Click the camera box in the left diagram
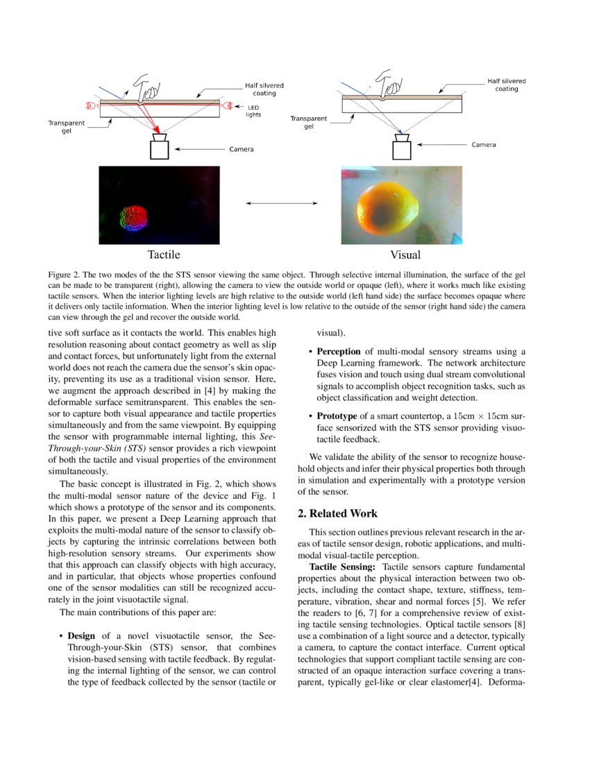point(160,148)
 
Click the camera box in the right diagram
point(401,148)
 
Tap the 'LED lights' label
point(254,111)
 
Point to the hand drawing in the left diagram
point(147,86)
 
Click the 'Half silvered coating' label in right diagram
point(506,85)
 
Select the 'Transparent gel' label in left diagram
point(66,127)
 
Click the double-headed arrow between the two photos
point(281,203)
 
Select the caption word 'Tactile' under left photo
point(163,255)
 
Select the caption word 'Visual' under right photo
point(405,255)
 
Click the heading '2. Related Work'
point(337,513)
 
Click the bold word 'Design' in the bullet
point(81,635)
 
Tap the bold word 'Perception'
point(340,351)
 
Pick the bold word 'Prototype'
point(337,415)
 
